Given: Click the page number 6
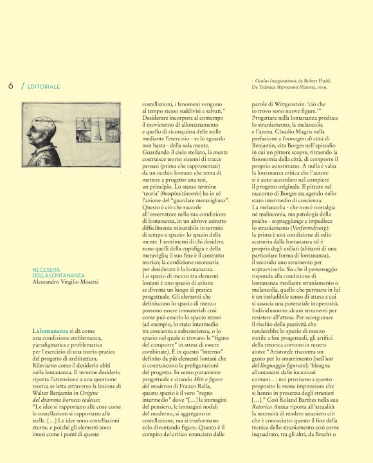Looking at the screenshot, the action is pos(11,85).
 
